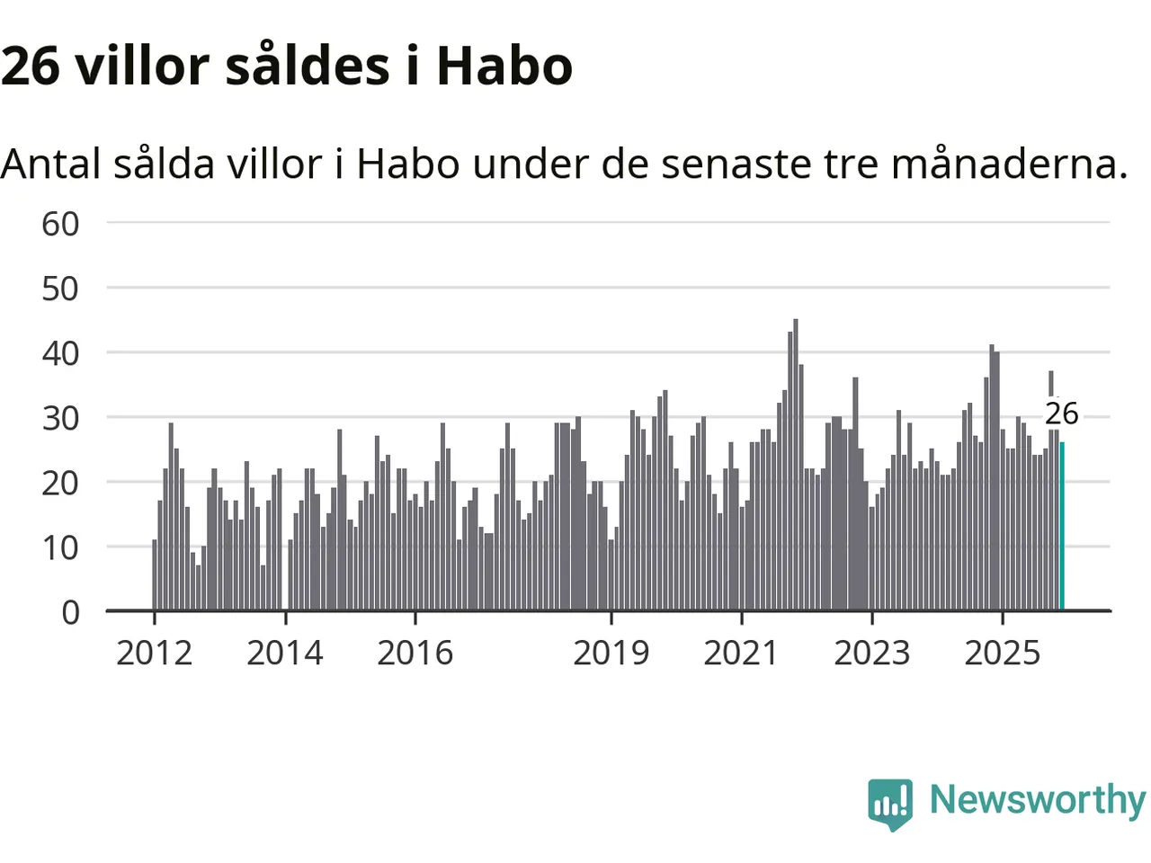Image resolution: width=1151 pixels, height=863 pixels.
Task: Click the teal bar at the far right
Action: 1062,527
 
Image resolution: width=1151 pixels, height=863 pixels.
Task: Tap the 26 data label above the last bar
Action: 1061,414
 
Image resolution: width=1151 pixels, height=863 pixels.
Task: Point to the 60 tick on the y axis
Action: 60,224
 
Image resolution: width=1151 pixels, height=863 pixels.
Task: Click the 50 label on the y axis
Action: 60,289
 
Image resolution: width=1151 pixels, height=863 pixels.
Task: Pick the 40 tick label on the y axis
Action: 60,353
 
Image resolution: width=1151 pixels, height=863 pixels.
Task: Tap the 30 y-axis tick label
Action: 60,418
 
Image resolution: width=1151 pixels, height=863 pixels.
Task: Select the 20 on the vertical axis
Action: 60,483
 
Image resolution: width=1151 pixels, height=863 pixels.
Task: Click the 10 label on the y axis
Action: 60,547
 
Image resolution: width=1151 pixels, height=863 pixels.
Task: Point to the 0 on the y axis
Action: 70,612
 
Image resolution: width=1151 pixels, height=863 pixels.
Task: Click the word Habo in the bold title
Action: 504,66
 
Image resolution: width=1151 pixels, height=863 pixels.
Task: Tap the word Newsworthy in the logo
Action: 1037,799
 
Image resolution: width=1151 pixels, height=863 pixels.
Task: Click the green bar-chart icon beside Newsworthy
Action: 890,802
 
